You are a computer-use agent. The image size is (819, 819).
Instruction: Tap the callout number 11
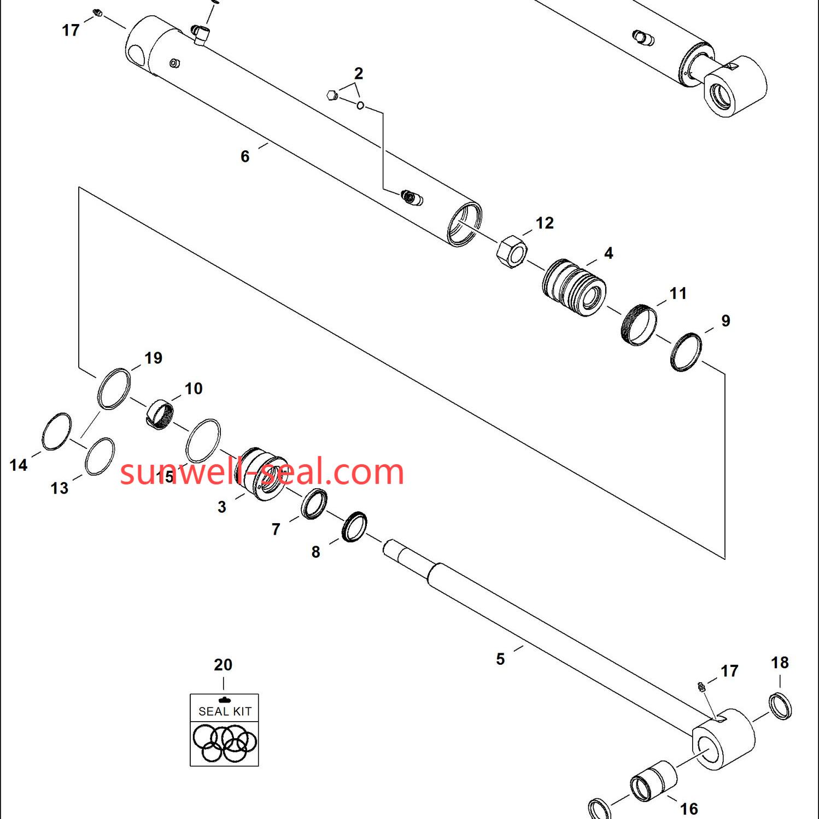point(678,294)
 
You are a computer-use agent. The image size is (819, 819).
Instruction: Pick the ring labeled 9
point(686,352)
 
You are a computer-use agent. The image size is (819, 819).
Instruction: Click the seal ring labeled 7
point(314,504)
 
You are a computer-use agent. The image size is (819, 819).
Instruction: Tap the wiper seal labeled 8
point(354,527)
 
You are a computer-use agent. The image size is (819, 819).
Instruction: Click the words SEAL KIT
point(225,711)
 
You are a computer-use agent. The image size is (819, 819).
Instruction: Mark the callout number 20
point(223,665)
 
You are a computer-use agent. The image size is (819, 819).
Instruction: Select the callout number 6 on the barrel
point(245,156)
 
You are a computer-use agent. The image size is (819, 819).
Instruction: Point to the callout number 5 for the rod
point(500,659)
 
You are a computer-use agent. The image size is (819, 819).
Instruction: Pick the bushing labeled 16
point(653,781)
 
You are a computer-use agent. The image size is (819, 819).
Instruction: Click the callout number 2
point(359,73)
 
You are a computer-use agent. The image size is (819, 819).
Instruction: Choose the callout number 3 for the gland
point(221,507)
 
